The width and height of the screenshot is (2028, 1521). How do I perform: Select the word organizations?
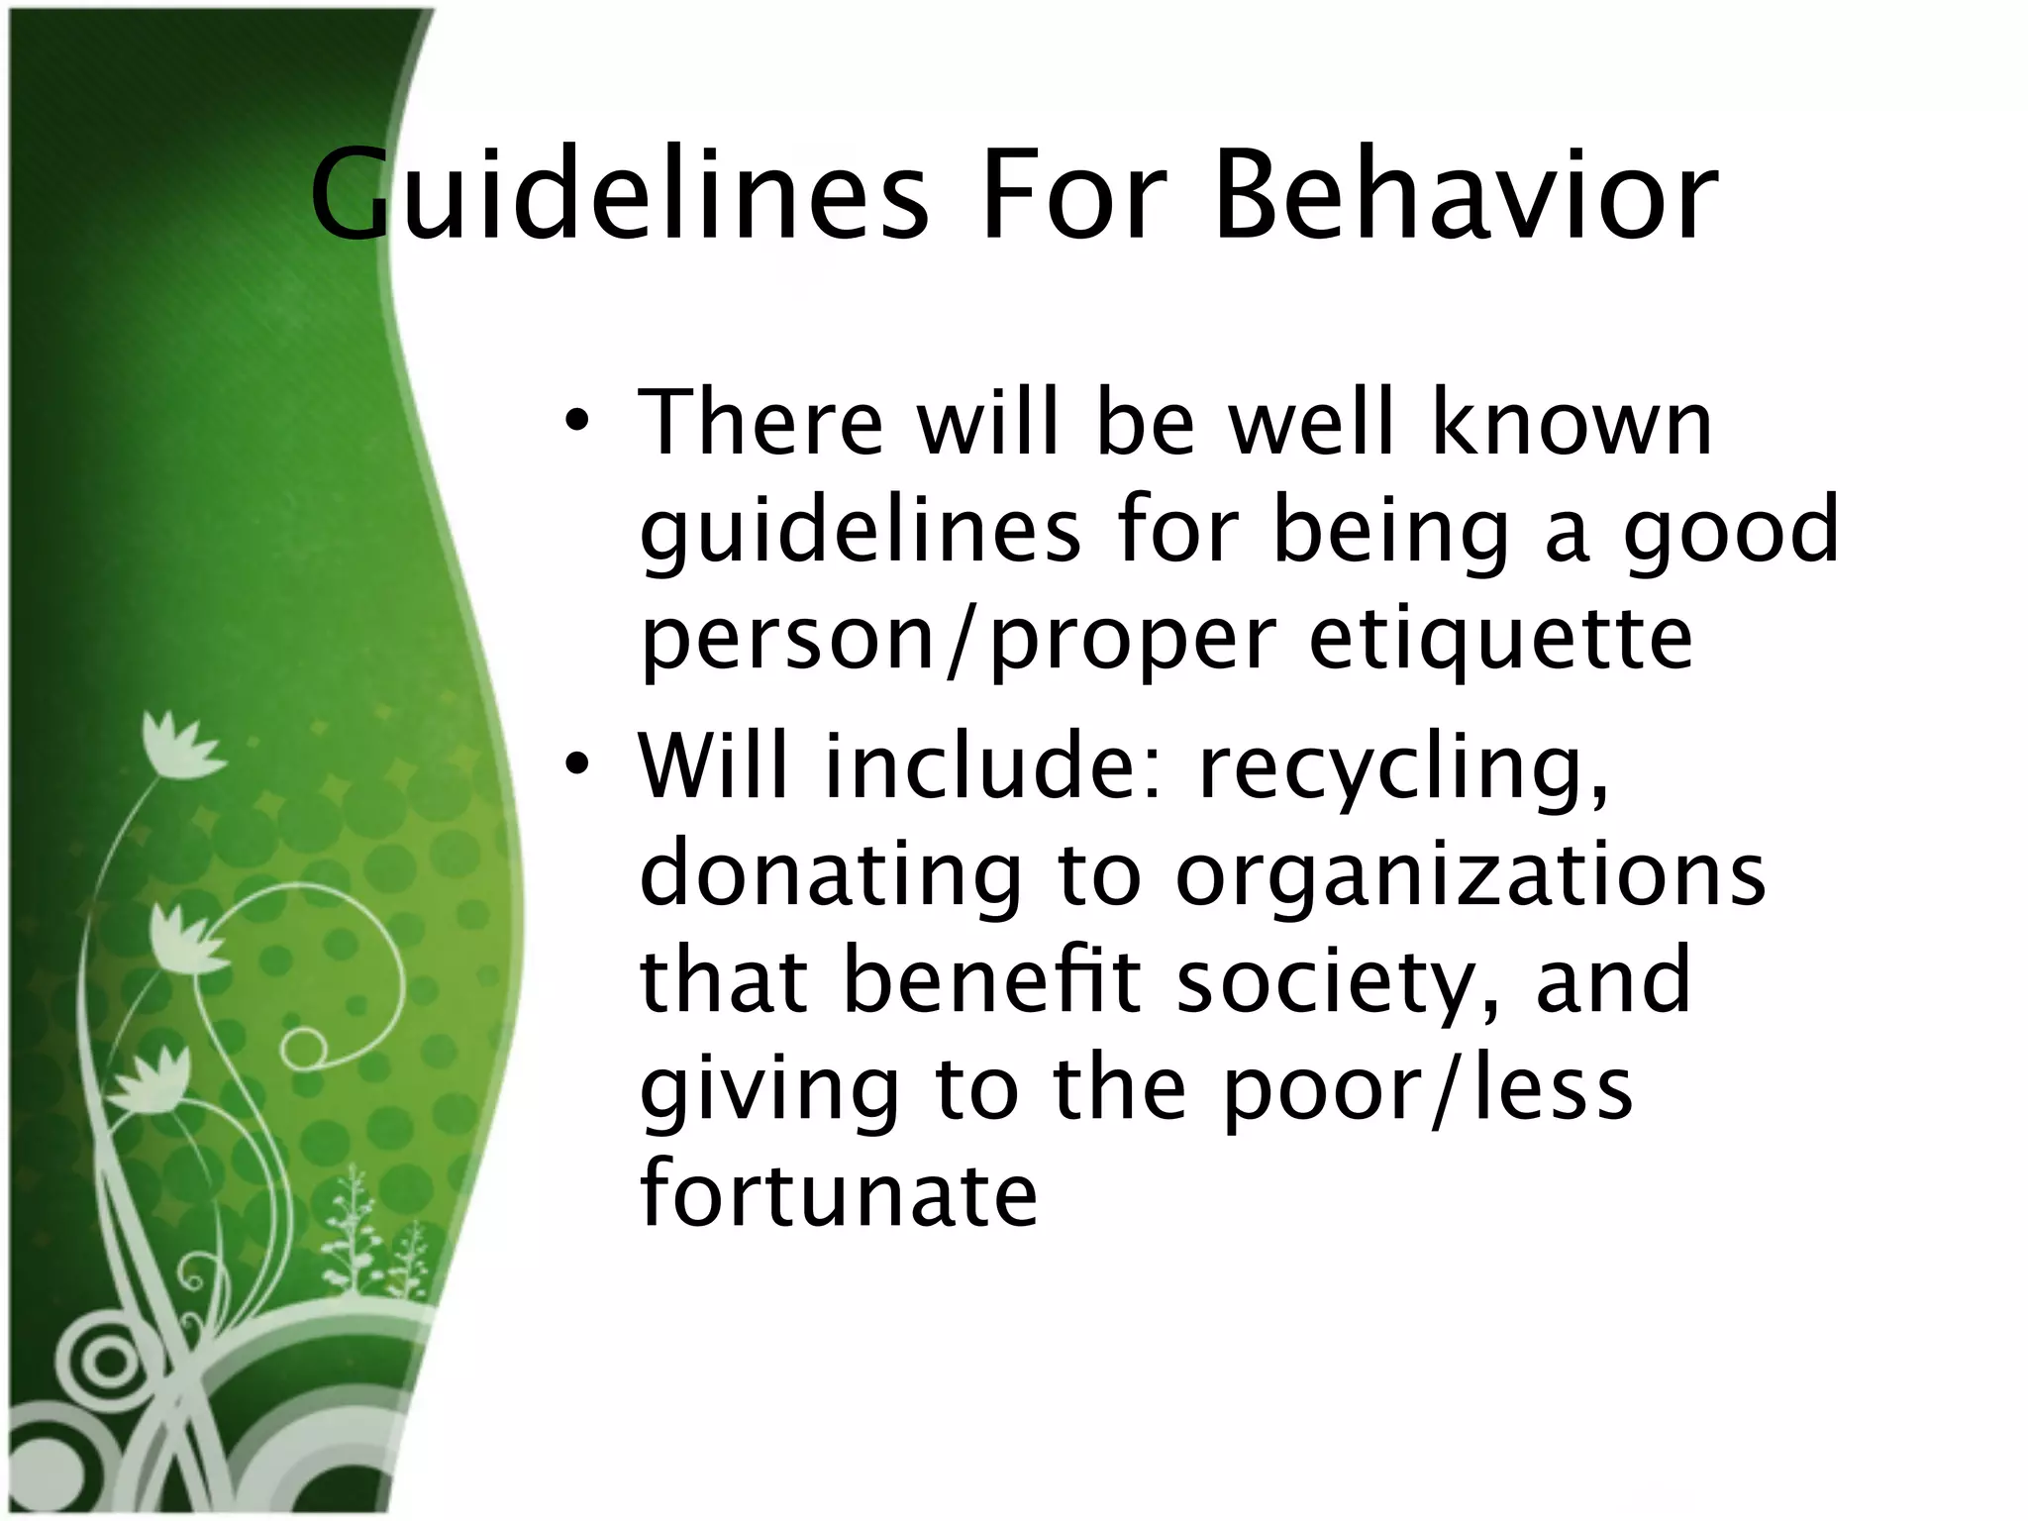[1470, 875]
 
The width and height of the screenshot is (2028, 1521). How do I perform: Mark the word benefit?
[990, 980]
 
